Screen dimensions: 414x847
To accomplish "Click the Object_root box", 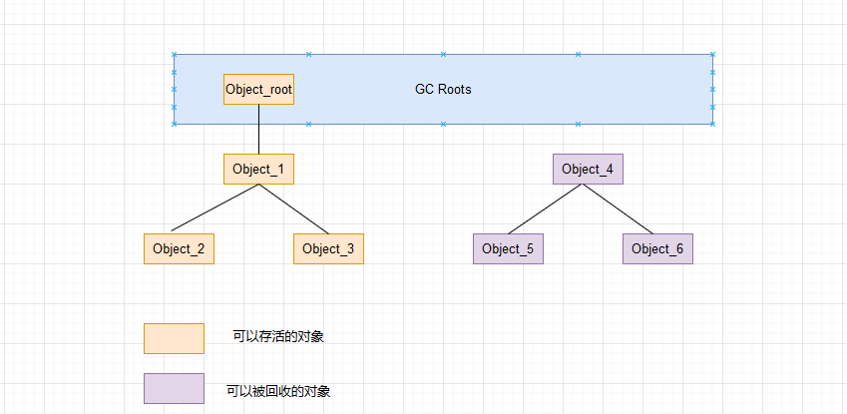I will click(258, 89).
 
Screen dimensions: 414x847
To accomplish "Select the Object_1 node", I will click(258, 169).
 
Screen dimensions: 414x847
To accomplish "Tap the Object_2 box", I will click(179, 248).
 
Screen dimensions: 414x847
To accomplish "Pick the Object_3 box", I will click(328, 248).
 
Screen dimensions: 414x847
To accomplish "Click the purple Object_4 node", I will click(588, 169).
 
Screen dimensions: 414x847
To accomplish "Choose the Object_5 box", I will click(508, 248).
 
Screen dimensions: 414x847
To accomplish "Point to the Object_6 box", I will click(657, 248).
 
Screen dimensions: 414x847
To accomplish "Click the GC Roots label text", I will click(443, 89).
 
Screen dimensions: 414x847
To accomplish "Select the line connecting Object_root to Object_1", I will click(258, 129).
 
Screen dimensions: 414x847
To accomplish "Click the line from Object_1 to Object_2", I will click(214, 209).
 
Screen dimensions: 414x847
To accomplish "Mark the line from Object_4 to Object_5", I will click(547, 209).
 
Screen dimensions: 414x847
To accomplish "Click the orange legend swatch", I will click(174, 338).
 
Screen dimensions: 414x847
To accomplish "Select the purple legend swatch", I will click(174, 388).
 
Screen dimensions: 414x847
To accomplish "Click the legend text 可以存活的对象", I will click(278, 337).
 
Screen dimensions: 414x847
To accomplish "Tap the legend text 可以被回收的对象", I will click(278, 391).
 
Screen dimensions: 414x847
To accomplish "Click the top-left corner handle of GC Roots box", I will click(174, 54).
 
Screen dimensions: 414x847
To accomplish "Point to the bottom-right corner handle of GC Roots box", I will click(712, 124).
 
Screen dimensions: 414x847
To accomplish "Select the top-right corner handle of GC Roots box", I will click(712, 54).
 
